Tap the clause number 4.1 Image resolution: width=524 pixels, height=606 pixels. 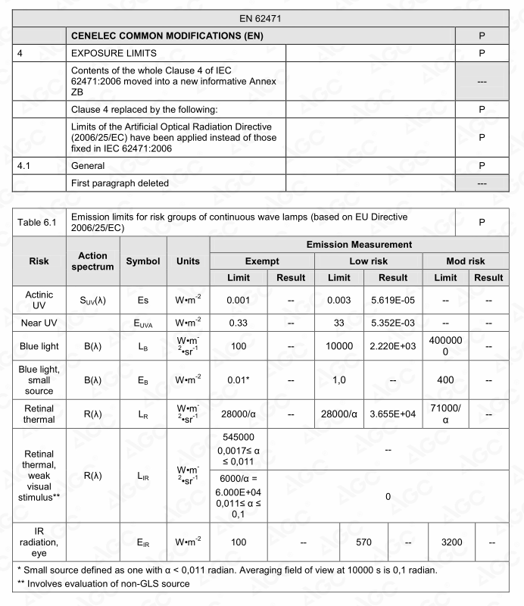click(26, 164)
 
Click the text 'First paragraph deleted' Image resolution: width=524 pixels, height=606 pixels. click(120, 183)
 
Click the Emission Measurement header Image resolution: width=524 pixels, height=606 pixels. click(358, 244)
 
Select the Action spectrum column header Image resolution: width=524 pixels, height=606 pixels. click(92, 261)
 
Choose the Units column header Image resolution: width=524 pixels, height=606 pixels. click(188, 261)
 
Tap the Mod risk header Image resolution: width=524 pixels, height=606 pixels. click(465, 261)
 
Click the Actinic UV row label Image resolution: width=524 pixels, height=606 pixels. click(39, 299)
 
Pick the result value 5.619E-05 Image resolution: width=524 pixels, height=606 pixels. click(392, 299)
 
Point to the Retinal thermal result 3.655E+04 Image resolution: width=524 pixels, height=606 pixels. click(392, 414)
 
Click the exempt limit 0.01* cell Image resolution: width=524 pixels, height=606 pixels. click(239, 380)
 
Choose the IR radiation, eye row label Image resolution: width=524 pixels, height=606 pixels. click(39, 542)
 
